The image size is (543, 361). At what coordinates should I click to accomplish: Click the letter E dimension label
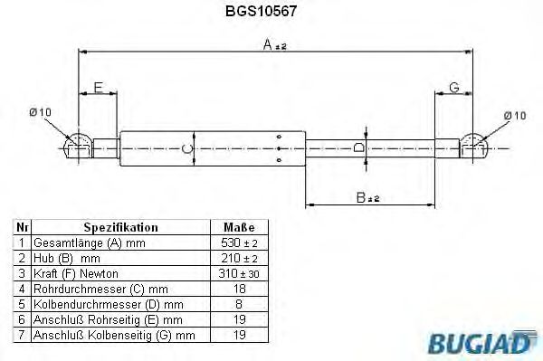pyautogui.click(x=99, y=87)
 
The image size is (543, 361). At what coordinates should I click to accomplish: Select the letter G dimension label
pyautogui.click(x=454, y=87)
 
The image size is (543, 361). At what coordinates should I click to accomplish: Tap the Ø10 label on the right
pyautogui.click(x=513, y=115)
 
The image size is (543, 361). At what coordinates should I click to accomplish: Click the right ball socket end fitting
pyautogui.click(x=473, y=145)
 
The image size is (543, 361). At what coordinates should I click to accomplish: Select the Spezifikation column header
pyautogui.click(x=120, y=228)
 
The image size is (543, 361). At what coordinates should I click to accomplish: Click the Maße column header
pyautogui.click(x=238, y=228)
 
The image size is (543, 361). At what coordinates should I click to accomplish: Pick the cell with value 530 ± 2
pyautogui.click(x=238, y=243)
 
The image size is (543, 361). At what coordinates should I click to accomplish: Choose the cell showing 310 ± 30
pyautogui.click(x=238, y=273)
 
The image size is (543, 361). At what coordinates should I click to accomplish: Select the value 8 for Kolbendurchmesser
pyautogui.click(x=238, y=304)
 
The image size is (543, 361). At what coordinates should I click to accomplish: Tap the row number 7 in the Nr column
pyautogui.click(x=22, y=335)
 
